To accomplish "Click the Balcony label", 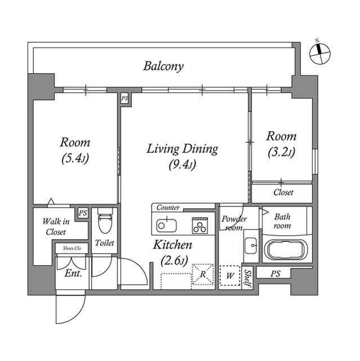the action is [x=163, y=67].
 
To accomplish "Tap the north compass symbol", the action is [x=320, y=54].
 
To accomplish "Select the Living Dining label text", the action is [x=183, y=149].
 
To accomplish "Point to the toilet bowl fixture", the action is [x=105, y=220].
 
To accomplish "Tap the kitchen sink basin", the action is [x=167, y=225].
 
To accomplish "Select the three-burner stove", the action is [x=200, y=226].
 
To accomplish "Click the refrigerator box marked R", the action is [x=202, y=275].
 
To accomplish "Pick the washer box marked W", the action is [x=230, y=276].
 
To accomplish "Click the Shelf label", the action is [x=247, y=278].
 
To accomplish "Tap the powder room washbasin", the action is [x=251, y=245].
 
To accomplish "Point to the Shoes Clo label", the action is [x=72, y=248].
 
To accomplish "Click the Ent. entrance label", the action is [x=73, y=273].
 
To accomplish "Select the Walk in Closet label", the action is [x=56, y=227].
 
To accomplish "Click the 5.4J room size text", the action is [x=75, y=159].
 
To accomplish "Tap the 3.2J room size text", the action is [x=281, y=152].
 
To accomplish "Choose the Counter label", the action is [x=168, y=208].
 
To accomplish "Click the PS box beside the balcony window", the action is [x=125, y=99].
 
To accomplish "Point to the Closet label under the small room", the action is [x=283, y=192].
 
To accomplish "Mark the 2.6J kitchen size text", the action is [x=175, y=261].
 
